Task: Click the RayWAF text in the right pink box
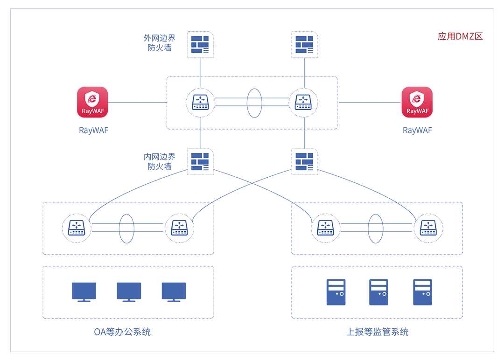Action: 418,111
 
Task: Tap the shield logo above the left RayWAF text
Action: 91,99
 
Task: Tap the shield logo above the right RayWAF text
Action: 417,99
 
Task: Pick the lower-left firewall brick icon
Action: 200,161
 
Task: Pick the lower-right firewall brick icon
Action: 304,161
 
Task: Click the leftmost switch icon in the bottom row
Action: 76,228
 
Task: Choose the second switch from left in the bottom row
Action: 180,228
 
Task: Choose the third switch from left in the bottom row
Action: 325,228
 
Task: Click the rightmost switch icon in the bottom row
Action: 428,228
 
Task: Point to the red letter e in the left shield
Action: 92,98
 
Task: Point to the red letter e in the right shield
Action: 417,98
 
